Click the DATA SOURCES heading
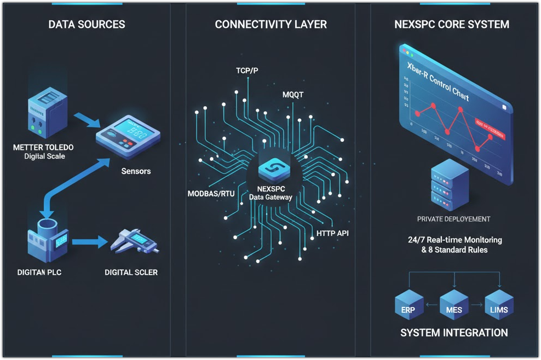click(x=87, y=25)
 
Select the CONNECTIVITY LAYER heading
click(x=270, y=25)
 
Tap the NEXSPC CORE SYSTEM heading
click(x=452, y=25)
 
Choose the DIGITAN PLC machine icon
click(x=46, y=241)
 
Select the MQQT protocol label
click(x=292, y=95)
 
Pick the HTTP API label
click(x=332, y=233)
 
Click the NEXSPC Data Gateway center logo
click(x=270, y=171)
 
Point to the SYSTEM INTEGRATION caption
click(x=454, y=333)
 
